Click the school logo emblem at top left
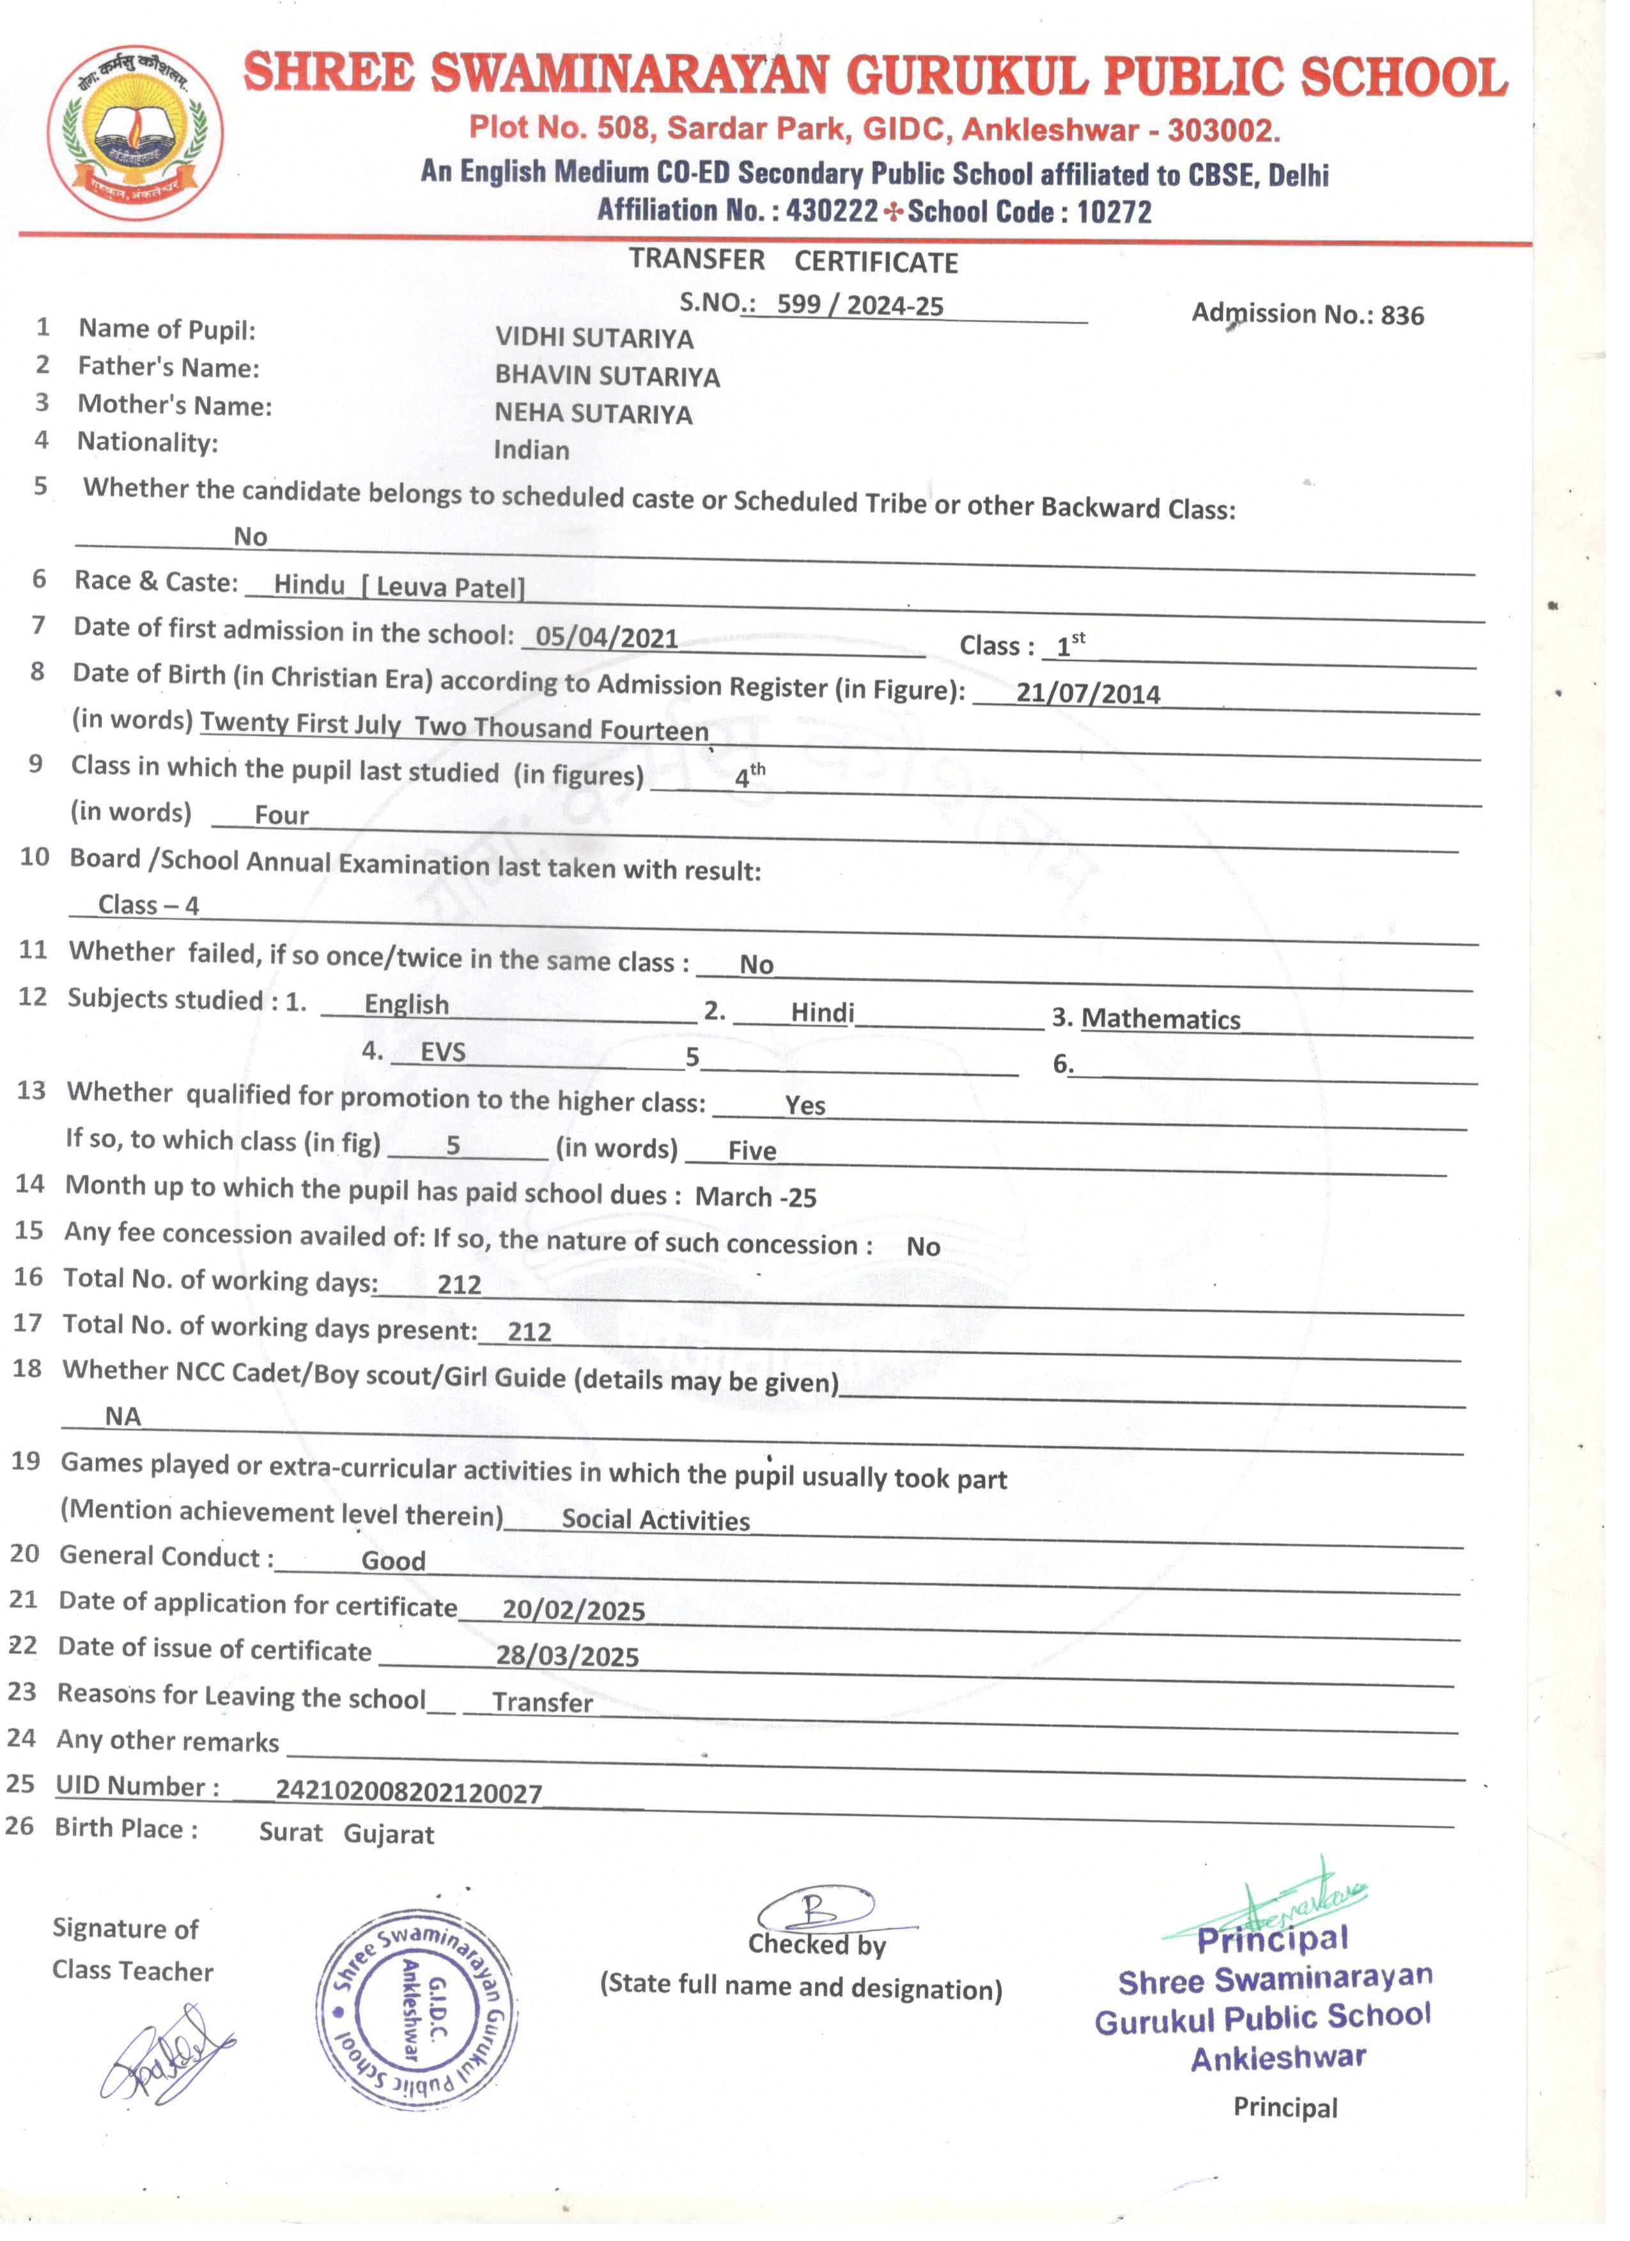click(136, 134)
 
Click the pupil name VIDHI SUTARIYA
click(593, 338)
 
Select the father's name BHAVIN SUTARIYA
click(607, 376)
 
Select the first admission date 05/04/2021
click(606, 637)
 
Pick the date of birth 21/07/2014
click(1087, 693)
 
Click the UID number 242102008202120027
click(408, 1791)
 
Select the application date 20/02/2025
click(573, 1610)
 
